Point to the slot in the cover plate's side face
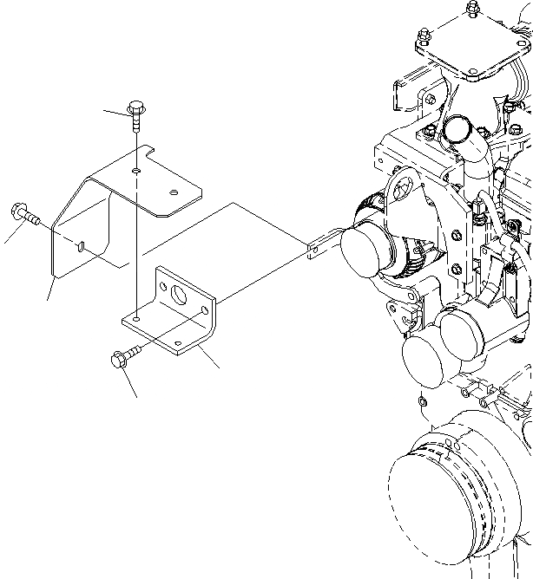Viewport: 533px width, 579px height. click(x=80, y=248)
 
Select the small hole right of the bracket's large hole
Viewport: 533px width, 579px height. click(x=205, y=309)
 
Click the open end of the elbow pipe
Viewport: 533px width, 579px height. click(x=457, y=130)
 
